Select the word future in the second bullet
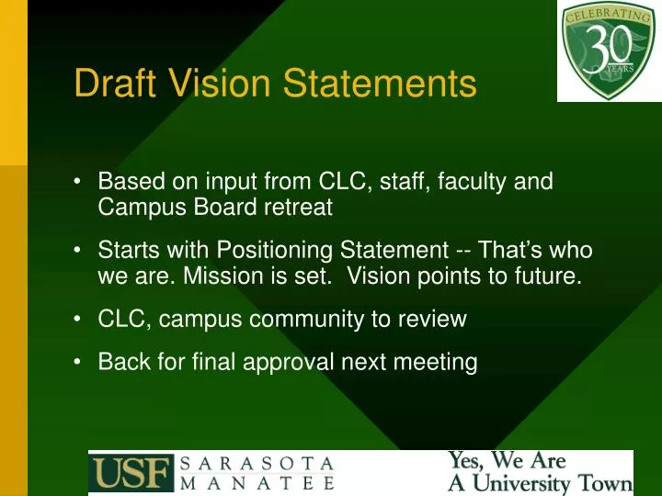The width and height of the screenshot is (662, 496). (550, 276)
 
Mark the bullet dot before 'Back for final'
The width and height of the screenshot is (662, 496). (80, 362)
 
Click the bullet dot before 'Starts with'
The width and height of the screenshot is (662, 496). (80, 250)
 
